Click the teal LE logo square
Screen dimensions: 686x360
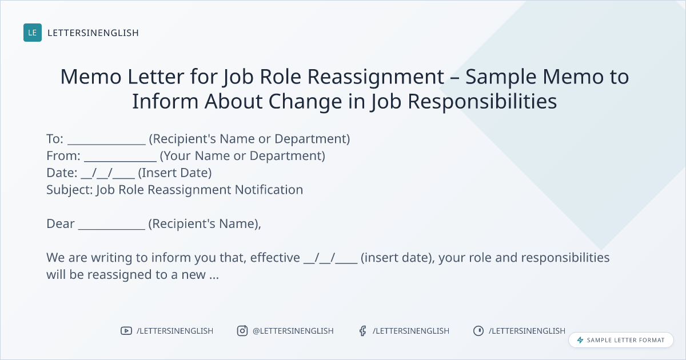(33, 33)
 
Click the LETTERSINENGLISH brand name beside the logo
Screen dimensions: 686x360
(93, 33)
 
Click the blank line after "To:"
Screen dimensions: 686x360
(106, 144)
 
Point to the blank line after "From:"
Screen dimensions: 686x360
(121, 161)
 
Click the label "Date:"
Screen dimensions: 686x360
(62, 173)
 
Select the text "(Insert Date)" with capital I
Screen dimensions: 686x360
(175, 173)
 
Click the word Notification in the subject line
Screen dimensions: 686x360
(269, 190)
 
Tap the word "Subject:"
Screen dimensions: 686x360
(70, 190)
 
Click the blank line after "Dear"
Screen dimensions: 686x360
(112, 229)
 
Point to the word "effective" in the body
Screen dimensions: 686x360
(275, 258)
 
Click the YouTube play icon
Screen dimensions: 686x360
(126, 331)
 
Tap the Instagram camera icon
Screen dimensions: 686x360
(242, 331)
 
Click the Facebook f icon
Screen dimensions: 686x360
(363, 331)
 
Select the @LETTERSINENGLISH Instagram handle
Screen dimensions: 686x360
(293, 331)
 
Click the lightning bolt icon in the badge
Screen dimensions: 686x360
(580, 340)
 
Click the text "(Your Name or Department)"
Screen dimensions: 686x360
(242, 156)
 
